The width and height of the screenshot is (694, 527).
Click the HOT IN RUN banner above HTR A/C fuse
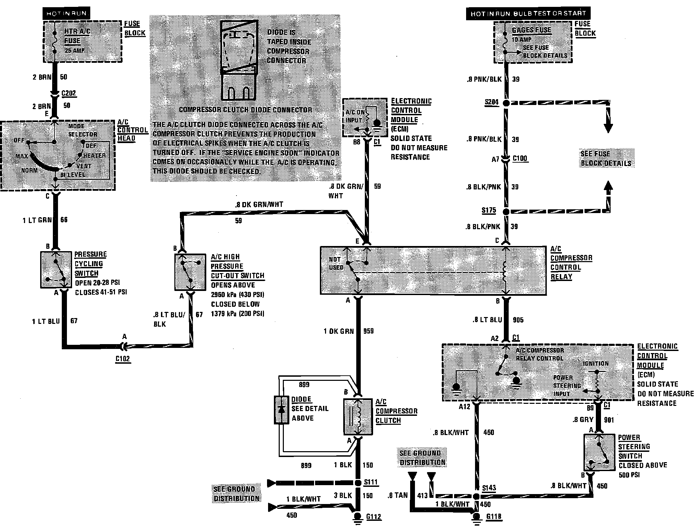(66, 14)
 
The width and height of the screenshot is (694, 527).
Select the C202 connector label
(68, 93)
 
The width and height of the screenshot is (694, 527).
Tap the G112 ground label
(373, 517)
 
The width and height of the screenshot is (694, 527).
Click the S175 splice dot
(506, 212)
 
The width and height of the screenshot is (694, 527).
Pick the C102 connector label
(123, 359)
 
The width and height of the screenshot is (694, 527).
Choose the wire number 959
(368, 331)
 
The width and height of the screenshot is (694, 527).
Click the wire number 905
(518, 320)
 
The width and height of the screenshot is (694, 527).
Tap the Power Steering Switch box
(599, 452)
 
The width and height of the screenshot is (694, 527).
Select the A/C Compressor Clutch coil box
(358, 417)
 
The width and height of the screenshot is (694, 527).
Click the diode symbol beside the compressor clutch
(281, 410)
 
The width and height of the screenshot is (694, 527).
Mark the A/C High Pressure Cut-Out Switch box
(190, 272)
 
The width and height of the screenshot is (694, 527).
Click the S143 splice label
(489, 488)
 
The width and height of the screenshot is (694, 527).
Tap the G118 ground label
(494, 517)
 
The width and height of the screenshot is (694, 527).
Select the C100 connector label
(520, 158)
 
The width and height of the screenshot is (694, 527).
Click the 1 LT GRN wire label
(37, 220)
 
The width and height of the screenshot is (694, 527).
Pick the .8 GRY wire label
(583, 419)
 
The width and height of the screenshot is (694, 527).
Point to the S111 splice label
(371, 482)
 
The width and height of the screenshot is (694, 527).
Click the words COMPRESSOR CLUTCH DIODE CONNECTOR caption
(245, 110)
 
